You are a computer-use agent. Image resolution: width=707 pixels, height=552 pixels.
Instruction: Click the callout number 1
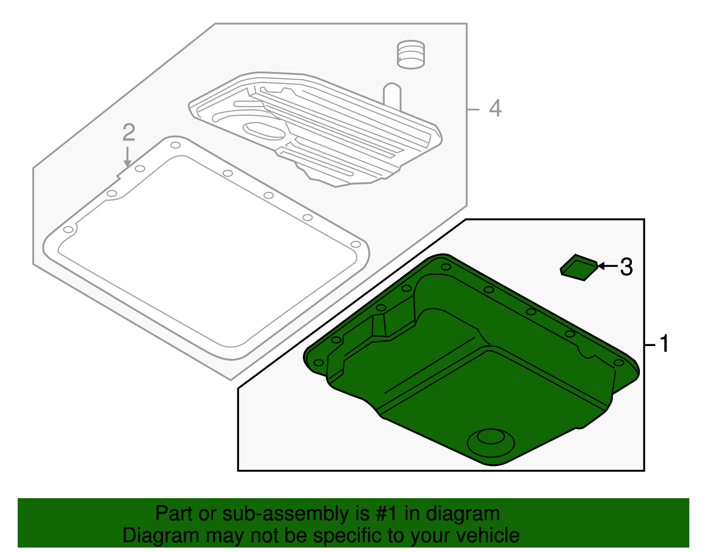pos(664,344)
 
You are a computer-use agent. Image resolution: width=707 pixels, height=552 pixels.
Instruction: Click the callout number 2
pos(129,132)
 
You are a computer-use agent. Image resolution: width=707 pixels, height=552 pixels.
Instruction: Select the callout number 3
pos(626,267)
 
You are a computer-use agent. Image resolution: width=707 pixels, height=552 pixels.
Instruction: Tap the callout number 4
pos(495,108)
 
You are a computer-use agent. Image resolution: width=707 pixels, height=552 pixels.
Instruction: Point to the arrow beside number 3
pos(607,266)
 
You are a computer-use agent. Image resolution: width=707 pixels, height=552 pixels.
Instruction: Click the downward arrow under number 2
pos(127,157)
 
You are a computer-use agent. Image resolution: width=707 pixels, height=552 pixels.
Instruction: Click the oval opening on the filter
pos(265,131)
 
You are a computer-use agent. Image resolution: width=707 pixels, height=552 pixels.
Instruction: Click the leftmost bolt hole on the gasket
pos(68,229)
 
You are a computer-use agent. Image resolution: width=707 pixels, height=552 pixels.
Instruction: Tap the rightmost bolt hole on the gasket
pos(355,244)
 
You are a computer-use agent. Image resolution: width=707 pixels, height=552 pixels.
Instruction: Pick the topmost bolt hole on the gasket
pos(175,146)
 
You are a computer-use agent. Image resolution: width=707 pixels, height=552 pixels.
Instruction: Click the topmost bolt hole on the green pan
pos(446,267)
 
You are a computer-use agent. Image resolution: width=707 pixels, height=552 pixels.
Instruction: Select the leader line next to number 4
pos(474,109)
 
